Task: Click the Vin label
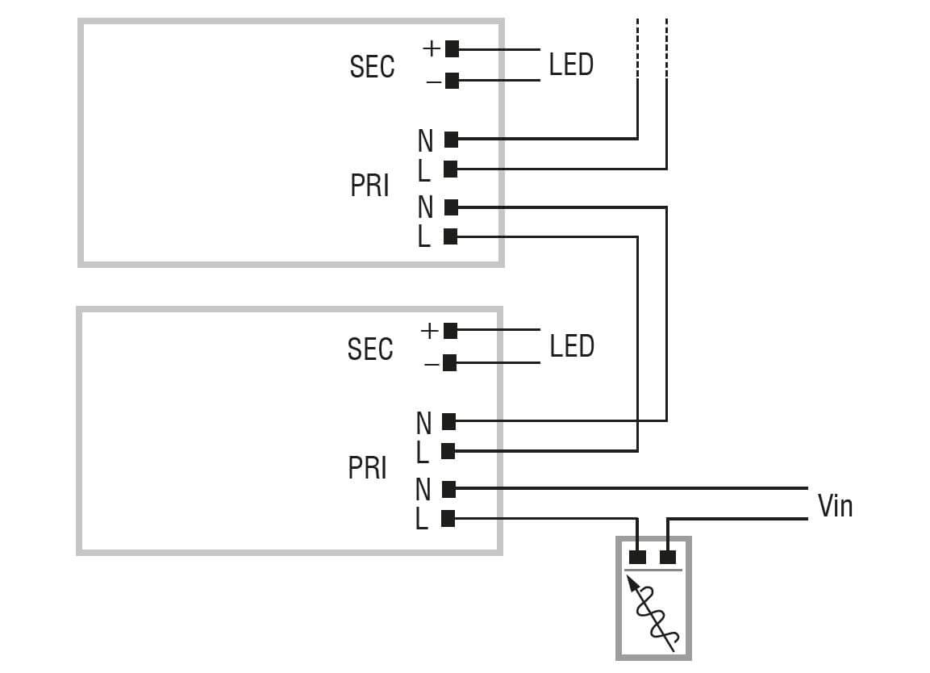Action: click(x=835, y=506)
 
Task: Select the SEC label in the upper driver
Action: click(x=372, y=66)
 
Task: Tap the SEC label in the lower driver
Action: click(x=370, y=349)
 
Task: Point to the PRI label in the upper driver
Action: click(x=369, y=186)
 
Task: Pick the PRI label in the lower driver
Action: click(x=368, y=468)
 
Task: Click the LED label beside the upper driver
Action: click(x=571, y=65)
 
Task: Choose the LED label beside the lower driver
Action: click(x=572, y=346)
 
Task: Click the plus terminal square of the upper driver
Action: click(x=452, y=48)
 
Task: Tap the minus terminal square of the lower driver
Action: click(x=450, y=363)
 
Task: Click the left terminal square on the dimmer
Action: click(x=637, y=557)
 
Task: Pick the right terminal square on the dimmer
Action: click(x=667, y=557)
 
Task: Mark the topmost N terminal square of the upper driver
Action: click(x=452, y=140)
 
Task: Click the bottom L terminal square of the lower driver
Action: click(x=449, y=519)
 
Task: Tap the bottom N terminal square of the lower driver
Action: click(x=449, y=488)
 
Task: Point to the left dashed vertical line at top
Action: click(x=637, y=48)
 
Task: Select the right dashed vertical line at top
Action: click(x=667, y=48)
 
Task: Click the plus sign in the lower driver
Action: click(x=430, y=331)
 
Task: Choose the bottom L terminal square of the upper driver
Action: click(x=451, y=236)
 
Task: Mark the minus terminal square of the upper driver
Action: click(x=452, y=81)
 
